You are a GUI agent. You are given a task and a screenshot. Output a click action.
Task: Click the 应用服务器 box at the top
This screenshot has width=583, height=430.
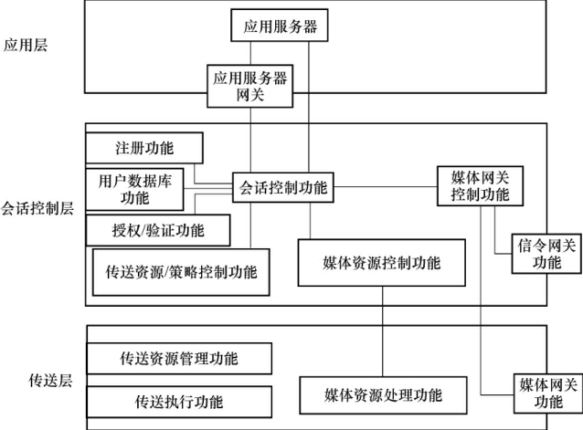pyautogui.click(x=280, y=25)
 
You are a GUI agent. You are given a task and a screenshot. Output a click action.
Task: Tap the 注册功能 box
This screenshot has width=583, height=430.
pyautogui.click(x=143, y=147)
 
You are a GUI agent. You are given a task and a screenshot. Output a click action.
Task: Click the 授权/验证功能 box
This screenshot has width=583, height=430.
pyautogui.click(x=158, y=229)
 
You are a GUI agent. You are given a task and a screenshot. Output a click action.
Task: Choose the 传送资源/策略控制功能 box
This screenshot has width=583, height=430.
pyautogui.click(x=182, y=272)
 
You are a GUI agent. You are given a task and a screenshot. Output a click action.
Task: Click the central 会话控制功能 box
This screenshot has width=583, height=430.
pyautogui.click(x=281, y=188)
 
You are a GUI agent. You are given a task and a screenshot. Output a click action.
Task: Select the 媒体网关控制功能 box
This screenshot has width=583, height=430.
pyautogui.click(x=480, y=185)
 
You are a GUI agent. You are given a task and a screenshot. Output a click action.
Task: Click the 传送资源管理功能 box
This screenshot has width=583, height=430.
pyautogui.click(x=179, y=357)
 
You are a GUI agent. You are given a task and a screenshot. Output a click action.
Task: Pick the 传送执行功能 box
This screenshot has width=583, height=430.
pyautogui.click(x=179, y=401)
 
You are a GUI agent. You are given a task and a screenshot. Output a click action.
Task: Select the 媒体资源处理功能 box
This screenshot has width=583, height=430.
pyautogui.click(x=383, y=395)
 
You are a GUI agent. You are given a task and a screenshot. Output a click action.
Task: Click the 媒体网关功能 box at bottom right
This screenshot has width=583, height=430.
pyautogui.click(x=546, y=393)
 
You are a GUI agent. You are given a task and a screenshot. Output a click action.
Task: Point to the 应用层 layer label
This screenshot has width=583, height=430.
pyautogui.click(x=24, y=44)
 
